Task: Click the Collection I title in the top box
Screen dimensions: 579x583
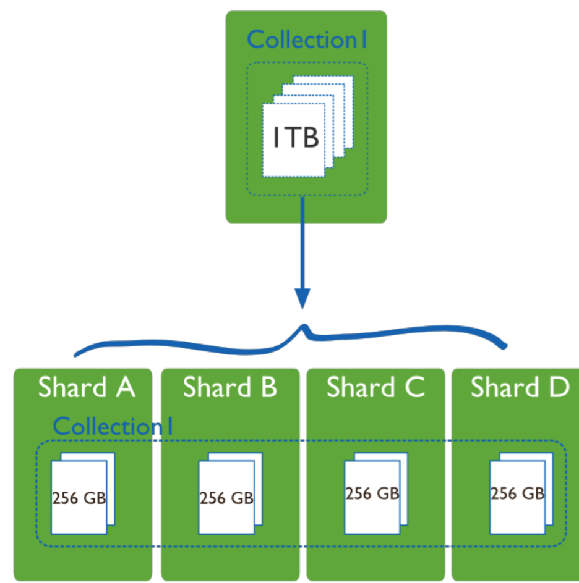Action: [307, 40]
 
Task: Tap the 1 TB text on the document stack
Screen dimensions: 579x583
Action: [296, 137]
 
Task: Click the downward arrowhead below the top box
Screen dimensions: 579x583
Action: [302, 298]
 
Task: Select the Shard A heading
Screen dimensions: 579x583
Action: [87, 387]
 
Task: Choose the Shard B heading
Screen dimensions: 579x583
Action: [229, 387]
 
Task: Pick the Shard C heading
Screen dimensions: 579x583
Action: [375, 387]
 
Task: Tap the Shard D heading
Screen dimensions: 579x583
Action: [520, 387]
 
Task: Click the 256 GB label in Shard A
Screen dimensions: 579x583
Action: [79, 498]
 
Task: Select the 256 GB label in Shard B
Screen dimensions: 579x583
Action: [226, 498]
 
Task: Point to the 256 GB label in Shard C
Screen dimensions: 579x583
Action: [372, 493]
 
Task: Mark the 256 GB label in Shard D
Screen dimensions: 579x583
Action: [518, 493]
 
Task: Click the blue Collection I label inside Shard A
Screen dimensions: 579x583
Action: [113, 426]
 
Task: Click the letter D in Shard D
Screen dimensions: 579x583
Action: [559, 387]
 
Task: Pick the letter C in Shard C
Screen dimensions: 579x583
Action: [415, 387]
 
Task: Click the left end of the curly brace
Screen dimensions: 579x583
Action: [75, 355]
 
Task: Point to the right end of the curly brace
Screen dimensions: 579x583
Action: [505, 346]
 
